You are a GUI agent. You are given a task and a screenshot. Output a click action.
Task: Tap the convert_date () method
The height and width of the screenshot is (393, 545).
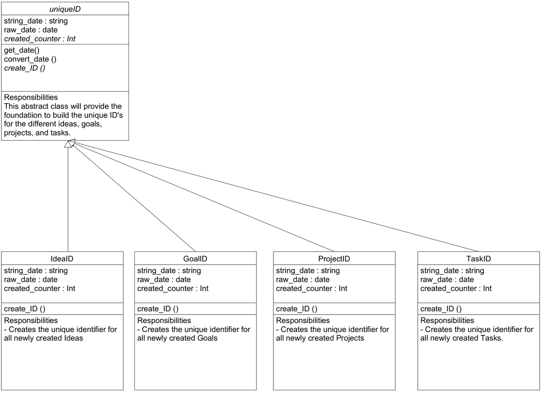tap(30, 59)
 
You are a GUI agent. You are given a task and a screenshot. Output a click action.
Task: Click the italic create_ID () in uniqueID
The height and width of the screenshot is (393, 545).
tap(25, 68)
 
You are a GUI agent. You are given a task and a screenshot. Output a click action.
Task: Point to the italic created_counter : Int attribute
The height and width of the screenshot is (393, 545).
tap(40, 39)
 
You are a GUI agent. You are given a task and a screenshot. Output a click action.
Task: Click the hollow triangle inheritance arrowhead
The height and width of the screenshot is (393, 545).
tap(69, 144)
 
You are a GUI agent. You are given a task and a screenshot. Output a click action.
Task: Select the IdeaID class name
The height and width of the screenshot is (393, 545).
tap(62, 259)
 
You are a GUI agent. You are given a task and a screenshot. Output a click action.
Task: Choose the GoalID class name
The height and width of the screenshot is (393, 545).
tap(195, 259)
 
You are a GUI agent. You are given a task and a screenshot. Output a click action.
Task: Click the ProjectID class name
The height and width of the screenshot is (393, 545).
tap(334, 259)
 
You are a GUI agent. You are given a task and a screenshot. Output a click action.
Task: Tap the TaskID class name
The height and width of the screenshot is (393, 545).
tap(478, 259)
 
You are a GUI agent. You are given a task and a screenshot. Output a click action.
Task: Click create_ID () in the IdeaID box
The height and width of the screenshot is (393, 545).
tap(25, 309)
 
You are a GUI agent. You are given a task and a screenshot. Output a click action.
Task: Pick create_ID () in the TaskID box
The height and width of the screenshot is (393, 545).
tap(441, 309)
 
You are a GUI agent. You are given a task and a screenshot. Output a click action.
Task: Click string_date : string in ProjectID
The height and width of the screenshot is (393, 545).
tap(308, 271)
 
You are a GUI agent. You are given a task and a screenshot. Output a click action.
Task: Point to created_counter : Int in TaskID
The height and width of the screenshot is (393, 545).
tap(456, 289)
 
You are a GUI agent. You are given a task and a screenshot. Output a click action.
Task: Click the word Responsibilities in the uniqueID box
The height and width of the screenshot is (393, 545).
tap(31, 98)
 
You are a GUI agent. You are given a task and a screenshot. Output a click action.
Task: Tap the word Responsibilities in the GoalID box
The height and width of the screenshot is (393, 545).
tap(164, 321)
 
